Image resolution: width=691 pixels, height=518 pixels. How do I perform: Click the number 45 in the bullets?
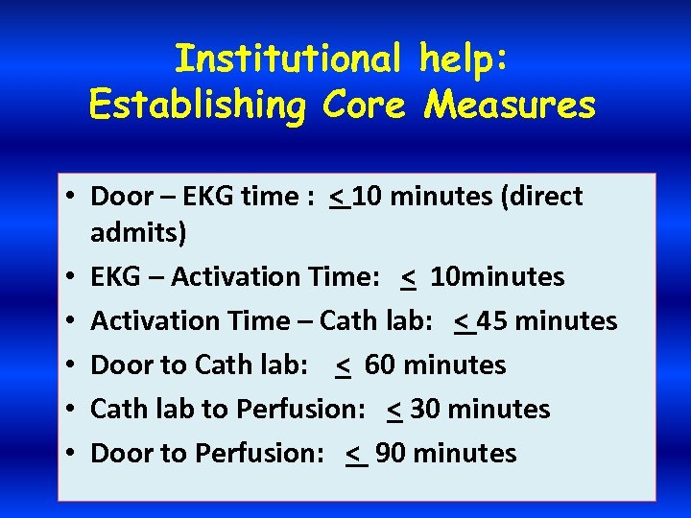[491, 320]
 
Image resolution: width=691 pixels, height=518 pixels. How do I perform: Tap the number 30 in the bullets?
[425, 409]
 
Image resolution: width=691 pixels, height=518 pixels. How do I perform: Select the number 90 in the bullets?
[391, 453]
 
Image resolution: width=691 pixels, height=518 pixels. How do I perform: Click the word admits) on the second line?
[139, 232]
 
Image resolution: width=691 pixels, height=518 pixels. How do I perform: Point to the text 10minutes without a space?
[497, 277]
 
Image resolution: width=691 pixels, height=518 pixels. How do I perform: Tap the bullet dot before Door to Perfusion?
[72, 454]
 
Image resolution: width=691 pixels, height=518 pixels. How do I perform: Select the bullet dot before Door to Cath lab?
[72, 365]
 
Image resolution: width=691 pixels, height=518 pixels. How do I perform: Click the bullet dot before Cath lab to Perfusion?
[72, 410]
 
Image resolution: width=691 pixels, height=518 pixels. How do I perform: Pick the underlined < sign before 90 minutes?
[355, 454]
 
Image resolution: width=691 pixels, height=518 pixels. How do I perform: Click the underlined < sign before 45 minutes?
[465, 321]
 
